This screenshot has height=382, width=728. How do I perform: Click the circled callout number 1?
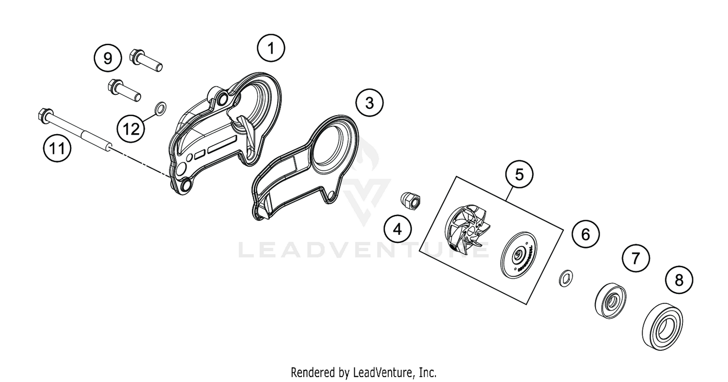click(271, 48)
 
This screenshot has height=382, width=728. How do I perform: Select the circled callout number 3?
click(369, 103)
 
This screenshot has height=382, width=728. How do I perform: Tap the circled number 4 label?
click(397, 228)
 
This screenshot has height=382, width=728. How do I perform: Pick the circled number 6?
click(585, 235)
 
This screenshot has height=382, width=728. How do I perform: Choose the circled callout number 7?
click(636, 259)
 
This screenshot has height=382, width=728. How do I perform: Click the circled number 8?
click(678, 280)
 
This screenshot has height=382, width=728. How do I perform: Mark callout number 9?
click(107, 58)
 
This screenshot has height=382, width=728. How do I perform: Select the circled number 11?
click(57, 148)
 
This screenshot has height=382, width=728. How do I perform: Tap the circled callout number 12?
click(131, 129)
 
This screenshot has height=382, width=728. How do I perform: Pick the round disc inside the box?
click(519, 255)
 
